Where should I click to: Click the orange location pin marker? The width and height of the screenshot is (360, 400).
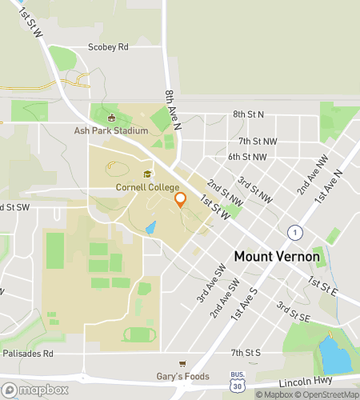(181, 199)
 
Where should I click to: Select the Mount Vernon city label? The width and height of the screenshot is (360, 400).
(277, 258)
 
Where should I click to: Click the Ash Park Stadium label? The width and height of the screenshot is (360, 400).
(111, 130)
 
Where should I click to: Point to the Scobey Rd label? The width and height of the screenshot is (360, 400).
(108, 47)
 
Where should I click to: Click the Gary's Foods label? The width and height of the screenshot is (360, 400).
(183, 375)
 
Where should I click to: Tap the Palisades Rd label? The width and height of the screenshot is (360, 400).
(26, 352)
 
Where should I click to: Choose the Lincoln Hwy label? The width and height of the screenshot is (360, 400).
(312, 382)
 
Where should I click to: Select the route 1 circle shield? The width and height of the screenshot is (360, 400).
(295, 232)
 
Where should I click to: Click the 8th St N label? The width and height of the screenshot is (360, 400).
(248, 114)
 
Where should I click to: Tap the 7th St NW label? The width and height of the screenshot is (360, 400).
(257, 141)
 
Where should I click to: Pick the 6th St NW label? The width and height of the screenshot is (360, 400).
(246, 157)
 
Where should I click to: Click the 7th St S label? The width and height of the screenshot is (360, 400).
(246, 352)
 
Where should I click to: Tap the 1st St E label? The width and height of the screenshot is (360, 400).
(325, 285)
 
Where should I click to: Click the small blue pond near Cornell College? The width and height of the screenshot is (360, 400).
(150, 227)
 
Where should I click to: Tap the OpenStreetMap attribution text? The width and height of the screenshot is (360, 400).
(328, 394)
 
